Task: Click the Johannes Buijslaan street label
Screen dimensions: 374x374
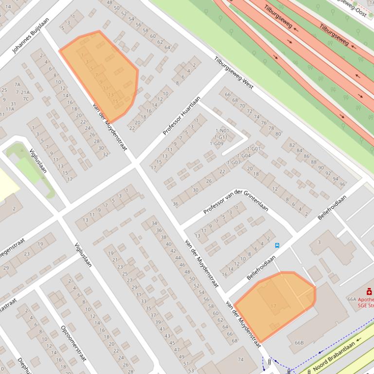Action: pyautogui.click(x=30, y=35)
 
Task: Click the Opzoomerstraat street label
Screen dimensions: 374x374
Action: pyautogui.click(x=73, y=343)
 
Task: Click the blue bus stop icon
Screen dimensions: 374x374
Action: pyautogui.click(x=277, y=245)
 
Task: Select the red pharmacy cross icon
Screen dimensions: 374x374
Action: pyautogui.click(x=369, y=291)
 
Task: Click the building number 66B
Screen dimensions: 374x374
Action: pyautogui.click(x=299, y=343)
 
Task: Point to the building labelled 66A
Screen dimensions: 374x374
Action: pyautogui.click(x=352, y=299)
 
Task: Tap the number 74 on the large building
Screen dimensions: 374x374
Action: pyautogui.click(x=240, y=359)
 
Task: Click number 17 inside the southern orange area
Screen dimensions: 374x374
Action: pyautogui.click(x=273, y=306)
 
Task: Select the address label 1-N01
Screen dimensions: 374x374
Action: pyautogui.click(x=221, y=131)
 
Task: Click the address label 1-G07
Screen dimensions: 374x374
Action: pyautogui.click(x=233, y=162)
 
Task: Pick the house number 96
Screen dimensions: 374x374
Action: pyautogui.click(x=342, y=184)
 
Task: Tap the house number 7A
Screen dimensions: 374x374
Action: pyautogui.click(x=18, y=85)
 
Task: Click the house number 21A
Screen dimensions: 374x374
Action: pyautogui.click(x=24, y=92)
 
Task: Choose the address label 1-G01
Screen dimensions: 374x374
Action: pyautogui.click(x=254, y=149)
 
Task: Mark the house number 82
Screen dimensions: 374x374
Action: pyautogui.click(x=292, y=145)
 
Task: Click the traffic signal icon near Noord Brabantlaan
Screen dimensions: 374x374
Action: pyautogui.click(x=269, y=361)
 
